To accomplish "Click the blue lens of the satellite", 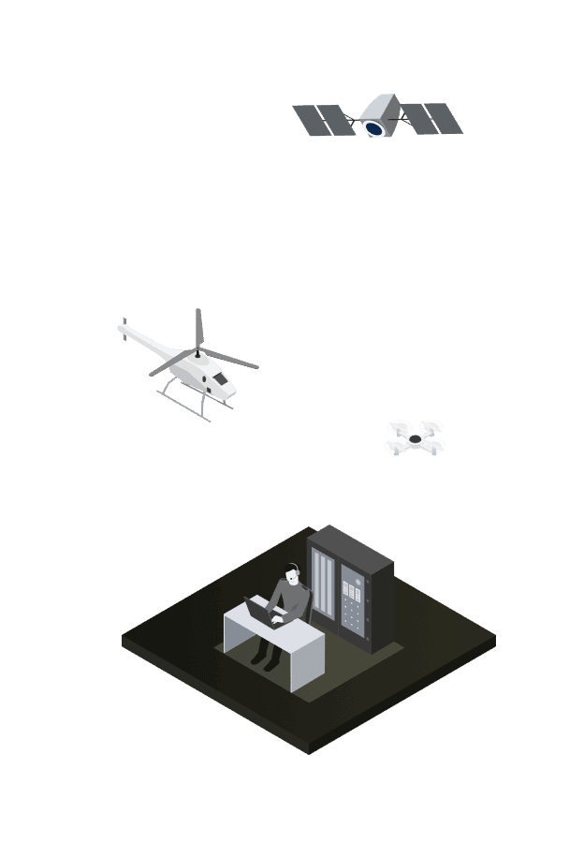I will click(374, 127).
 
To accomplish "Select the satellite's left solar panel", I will click(322, 121).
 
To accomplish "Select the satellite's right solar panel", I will click(432, 119).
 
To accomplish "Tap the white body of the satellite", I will click(380, 108).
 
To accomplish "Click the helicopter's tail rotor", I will click(123, 327).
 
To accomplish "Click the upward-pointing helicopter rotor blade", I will click(198, 326).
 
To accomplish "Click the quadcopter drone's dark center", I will click(416, 437).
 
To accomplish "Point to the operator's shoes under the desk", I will click(264, 660).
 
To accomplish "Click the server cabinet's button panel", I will click(354, 604).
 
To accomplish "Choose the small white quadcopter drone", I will click(416, 437).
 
